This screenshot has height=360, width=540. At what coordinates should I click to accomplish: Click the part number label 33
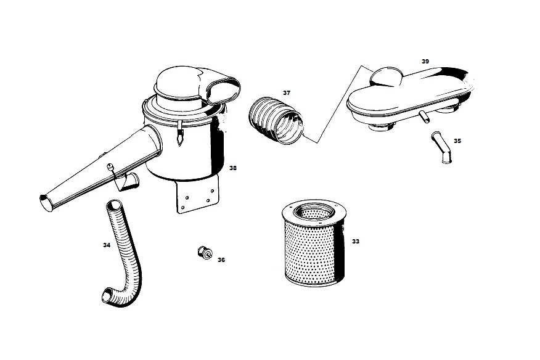tap(356, 242)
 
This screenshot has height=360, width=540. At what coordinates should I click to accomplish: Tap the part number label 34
tap(107, 245)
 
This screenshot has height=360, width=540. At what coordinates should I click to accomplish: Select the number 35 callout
tap(457, 141)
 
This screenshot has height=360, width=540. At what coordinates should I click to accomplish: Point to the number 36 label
tap(221, 260)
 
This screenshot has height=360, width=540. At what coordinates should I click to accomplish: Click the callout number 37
tap(287, 92)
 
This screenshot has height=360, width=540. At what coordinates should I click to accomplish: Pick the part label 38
tap(233, 168)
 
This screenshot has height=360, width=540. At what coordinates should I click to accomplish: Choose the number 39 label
tap(425, 61)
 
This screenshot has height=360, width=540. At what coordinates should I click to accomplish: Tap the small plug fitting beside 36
tap(205, 253)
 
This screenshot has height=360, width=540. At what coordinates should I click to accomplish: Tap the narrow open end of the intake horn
tap(44, 203)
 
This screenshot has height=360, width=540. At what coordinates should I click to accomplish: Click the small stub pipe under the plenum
tap(424, 117)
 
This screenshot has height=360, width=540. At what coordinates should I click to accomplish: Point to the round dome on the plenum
tap(386, 76)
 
